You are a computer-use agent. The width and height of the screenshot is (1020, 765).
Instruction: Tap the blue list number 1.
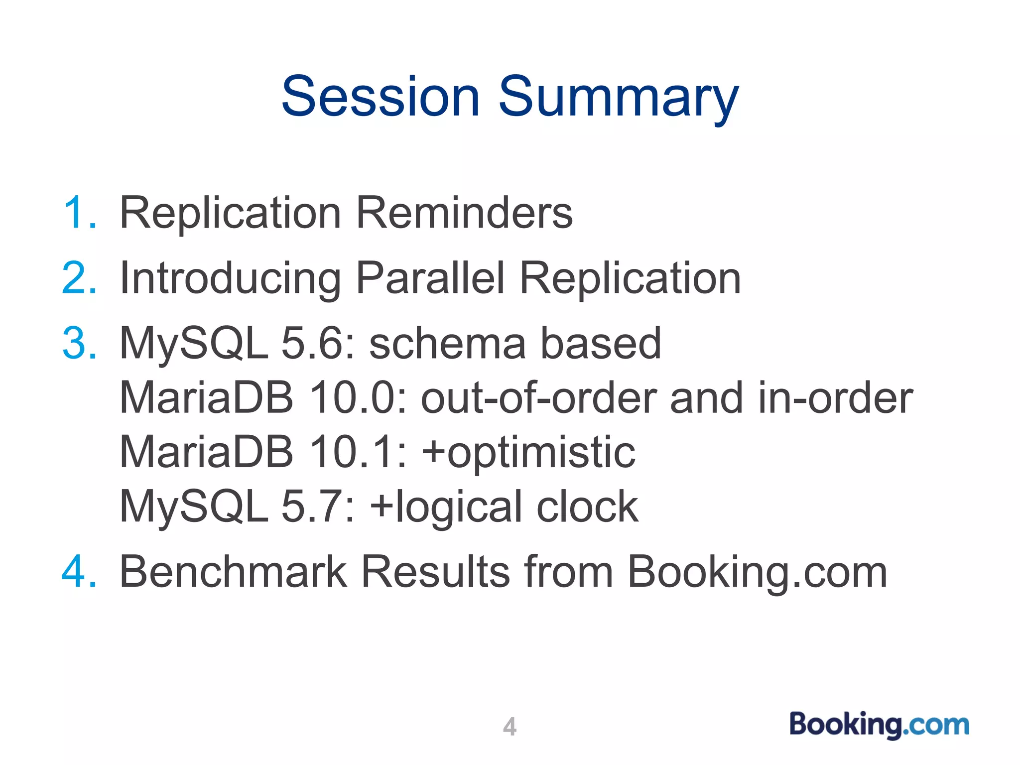pyautogui.click(x=79, y=213)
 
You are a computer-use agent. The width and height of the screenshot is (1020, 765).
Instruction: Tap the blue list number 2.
pyautogui.click(x=79, y=278)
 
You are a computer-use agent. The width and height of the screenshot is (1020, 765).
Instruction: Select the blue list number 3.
pyautogui.click(x=79, y=343)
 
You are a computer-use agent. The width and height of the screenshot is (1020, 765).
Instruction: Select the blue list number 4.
pyautogui.click(x=79, y=572)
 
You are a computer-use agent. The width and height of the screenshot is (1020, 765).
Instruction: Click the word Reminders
pyautogui.click(x=464, y=213)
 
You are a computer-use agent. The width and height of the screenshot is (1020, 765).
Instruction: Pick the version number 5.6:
pyautogui.click(x=319, y=343)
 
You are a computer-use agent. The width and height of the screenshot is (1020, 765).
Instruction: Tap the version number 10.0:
pyautogui.click(x=358, y=398)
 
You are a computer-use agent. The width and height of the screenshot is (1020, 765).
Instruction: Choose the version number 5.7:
pyautogui.click(x=319, y=507)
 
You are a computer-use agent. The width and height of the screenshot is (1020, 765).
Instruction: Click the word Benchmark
pyautogui.click(x=233, y=572)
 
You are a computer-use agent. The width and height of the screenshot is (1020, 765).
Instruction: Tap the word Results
pyautogui.click(x=435, y=572)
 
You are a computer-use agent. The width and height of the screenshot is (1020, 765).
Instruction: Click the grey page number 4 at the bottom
pyautogui.click(x=510, y=727)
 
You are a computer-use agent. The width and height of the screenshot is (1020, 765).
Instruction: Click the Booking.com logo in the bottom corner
pyautogui.click(x=879, y=725)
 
